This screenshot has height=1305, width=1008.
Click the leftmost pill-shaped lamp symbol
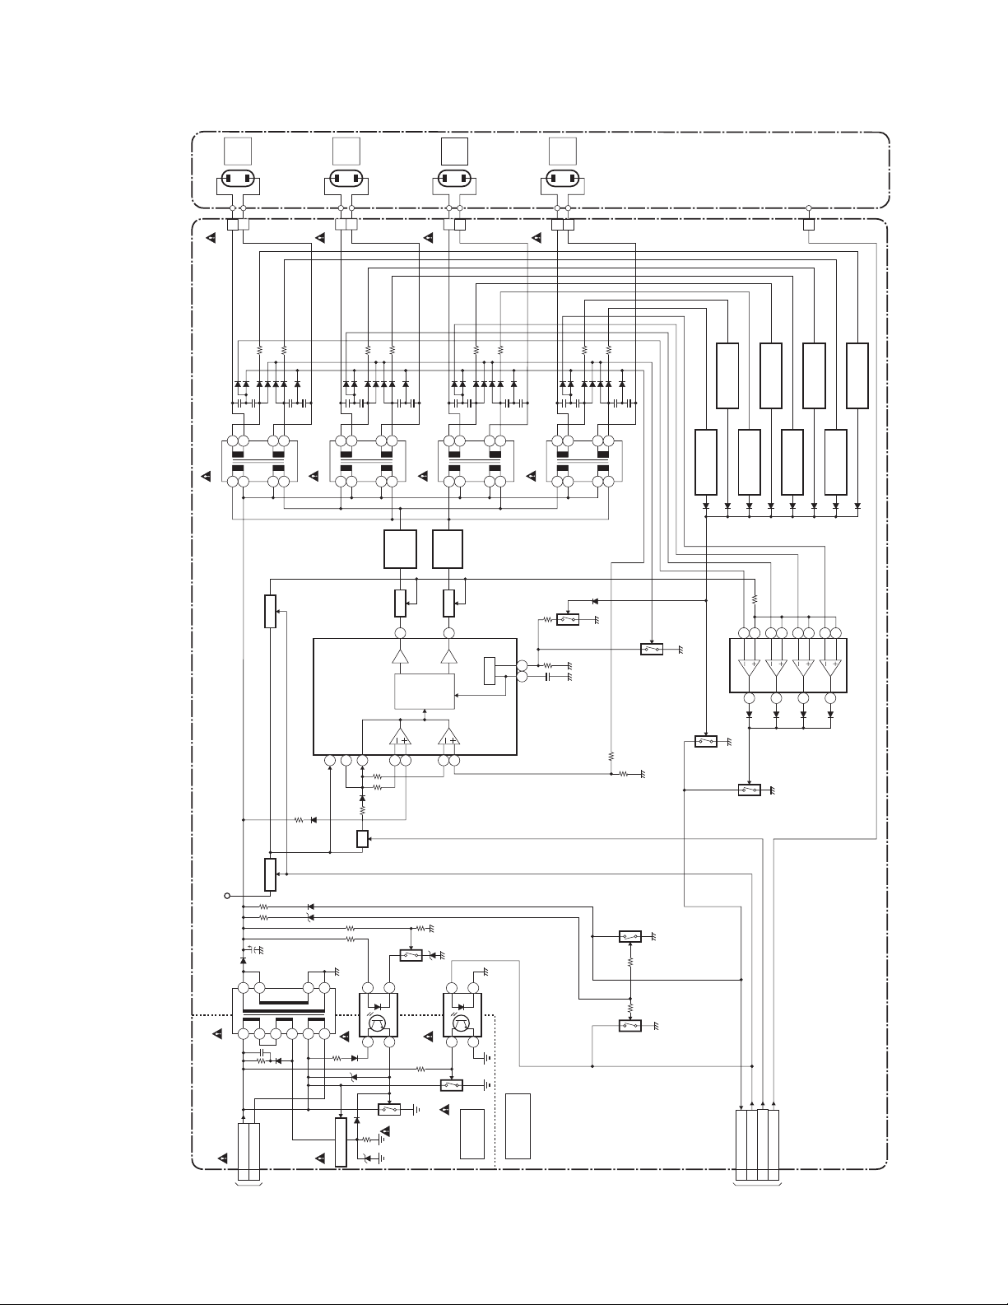point(238,179)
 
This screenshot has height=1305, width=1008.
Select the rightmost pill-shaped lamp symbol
point(562,179)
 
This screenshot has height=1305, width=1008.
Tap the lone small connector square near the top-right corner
point(809,224)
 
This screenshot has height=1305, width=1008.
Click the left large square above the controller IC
point(400,549)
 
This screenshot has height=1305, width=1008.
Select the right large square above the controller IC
point(448,549)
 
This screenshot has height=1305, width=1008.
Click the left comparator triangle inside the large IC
point(400,736)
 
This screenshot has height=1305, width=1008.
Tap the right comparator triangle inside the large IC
point(448,736)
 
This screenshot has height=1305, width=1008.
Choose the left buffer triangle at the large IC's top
point(400,657)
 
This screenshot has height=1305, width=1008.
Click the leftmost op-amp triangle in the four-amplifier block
point(749,668)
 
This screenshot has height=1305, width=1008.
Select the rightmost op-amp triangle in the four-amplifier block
point(830,668)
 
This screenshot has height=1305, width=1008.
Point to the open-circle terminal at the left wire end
point(227,895)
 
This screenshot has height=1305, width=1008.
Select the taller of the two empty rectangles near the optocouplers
point(518,1126)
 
